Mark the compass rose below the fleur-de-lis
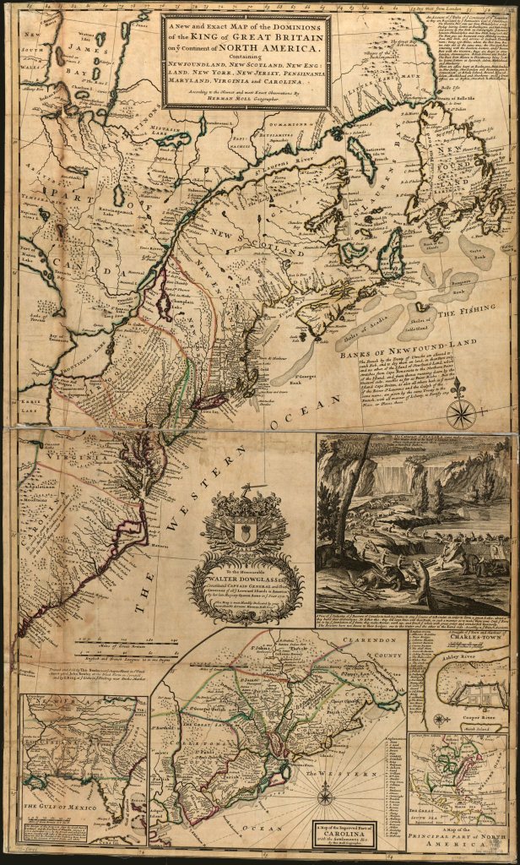(x=461, y=414)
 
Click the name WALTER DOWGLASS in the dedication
(x=246, y=577)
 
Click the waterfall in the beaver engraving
(x=382, y=477)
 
